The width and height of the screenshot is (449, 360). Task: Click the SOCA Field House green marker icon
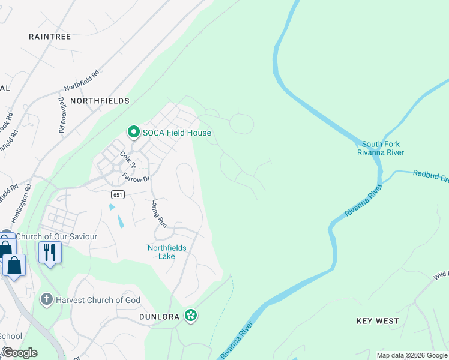click(x=133, y=131)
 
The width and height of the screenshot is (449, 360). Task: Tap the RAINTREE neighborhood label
click(x=50, y=37)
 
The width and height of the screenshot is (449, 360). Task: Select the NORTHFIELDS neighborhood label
click(x=100, y=101)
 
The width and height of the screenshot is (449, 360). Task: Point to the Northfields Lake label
click(x=167, y=252)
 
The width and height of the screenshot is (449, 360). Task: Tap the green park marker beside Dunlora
click(x=191, y=315)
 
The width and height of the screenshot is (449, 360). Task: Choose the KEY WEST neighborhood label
click(x=378, y=321)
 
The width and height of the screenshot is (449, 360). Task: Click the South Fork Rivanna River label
click(x=381, y=148)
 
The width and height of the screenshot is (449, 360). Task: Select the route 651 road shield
click(x=118, y=194)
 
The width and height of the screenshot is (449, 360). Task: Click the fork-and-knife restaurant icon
click(x=50, y=251)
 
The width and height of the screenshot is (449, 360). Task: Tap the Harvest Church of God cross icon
click(x=46, y=299)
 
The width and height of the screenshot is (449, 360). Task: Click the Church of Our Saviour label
click(x=56, y=236)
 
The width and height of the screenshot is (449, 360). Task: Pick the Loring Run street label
click(x=159, y=212)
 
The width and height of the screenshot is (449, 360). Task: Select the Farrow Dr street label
click(x=136, y=178)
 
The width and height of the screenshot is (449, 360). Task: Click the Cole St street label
click(x=128, y=160)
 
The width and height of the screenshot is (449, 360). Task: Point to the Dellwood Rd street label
click(x=62, y=116)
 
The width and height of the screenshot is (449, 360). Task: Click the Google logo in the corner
click(x=20, y=352)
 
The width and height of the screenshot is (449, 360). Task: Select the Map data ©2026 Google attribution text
click(x=412, y=355)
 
